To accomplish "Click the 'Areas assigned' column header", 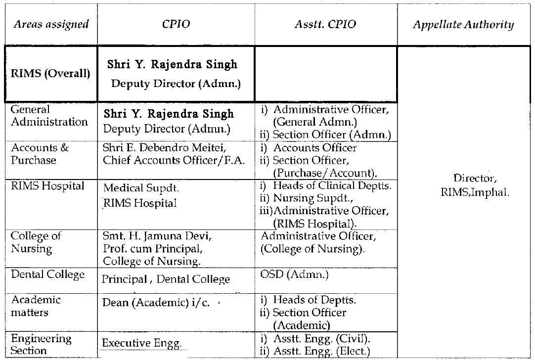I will pyautogui.click(x=51, y=24).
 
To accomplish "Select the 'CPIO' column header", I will pyautogui.click(x=176, y=24).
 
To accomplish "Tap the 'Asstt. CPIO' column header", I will pyautogui.click(x=325, y=24).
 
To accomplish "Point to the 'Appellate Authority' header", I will pyautogui.click(x=463, y=25).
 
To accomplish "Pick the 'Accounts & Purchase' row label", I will pyautogui.click(x=40, y=154).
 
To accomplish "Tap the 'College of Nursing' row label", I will pyautogui.click(x=36, y=242).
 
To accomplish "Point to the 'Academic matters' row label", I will pyautogui.click(x=36, y=306).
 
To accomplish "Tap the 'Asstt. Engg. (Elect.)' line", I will pyautogui.click(x=315, y=352).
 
